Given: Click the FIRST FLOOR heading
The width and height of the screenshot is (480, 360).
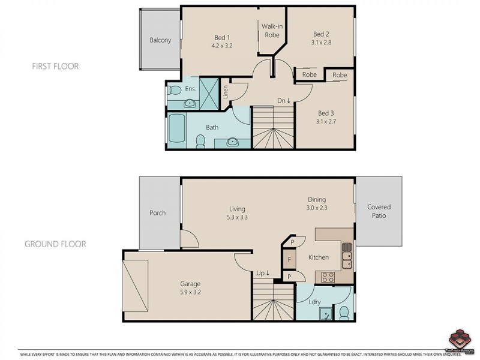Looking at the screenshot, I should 55,66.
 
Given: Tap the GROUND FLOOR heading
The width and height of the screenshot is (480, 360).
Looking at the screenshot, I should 55,244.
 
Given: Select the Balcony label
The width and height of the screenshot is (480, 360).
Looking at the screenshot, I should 160,41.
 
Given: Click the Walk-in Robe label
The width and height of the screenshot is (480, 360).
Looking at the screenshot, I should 272,31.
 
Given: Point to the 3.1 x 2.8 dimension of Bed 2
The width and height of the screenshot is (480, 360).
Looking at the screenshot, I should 321,43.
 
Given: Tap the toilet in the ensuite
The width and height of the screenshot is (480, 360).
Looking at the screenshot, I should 174,91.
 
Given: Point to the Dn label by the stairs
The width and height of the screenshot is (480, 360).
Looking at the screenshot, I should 283,101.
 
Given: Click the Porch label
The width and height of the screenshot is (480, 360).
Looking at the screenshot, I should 157,213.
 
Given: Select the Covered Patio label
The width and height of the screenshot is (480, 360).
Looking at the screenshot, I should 379,211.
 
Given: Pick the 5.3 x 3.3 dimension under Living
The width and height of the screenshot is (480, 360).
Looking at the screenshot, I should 237,218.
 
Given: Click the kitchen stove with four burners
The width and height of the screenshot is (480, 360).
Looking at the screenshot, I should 328,277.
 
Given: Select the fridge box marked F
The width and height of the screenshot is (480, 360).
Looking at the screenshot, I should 289,260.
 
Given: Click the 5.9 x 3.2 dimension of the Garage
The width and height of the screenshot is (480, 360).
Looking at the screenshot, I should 190,293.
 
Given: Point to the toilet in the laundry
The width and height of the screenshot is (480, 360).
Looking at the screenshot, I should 344,312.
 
